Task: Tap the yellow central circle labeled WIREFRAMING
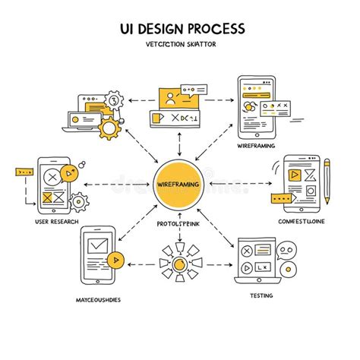(179, 185)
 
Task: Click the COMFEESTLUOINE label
(300, 221)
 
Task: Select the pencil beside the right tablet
(327, 180)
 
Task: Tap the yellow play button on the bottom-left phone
(115, 259)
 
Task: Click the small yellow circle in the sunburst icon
(179, 264)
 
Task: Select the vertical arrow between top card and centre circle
(179, 142)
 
